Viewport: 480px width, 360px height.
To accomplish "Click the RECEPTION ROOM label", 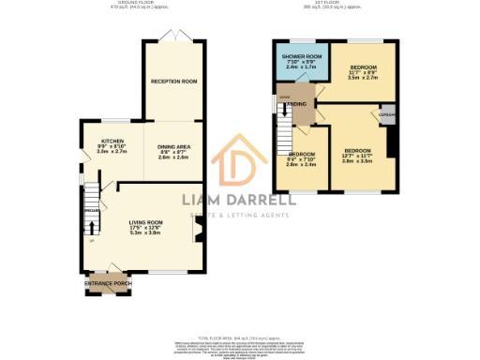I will coord(175,82).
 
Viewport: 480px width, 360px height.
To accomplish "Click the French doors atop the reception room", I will coord(175,37).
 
